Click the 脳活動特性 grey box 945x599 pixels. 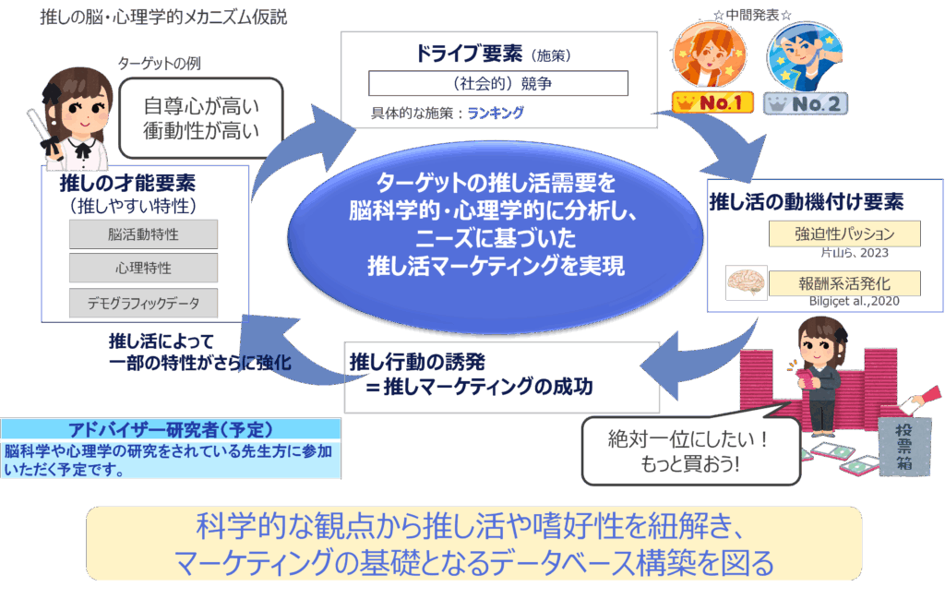pos(143,234)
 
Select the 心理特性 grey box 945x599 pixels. pos(143,268)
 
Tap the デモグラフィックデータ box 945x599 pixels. pos(143,303)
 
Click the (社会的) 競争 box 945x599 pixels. pos(498,83)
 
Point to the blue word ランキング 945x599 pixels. pos(496,113)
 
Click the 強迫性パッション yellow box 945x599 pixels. pos(844,234)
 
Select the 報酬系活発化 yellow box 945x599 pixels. pos(844,283)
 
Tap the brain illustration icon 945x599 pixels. pos(746,282)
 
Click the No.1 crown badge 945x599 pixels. pos(713,103)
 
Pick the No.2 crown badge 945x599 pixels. pos(806,103)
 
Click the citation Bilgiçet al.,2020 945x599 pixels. pos(854,301)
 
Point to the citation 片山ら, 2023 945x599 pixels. pos(855,253)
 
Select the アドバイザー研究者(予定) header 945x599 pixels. pos(171,429)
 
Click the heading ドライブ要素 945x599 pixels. pos(469,54)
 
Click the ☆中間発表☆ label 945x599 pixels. pos(753,15)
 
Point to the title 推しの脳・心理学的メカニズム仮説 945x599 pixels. pos(163,17)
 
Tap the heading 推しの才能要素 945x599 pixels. pos(127,183)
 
